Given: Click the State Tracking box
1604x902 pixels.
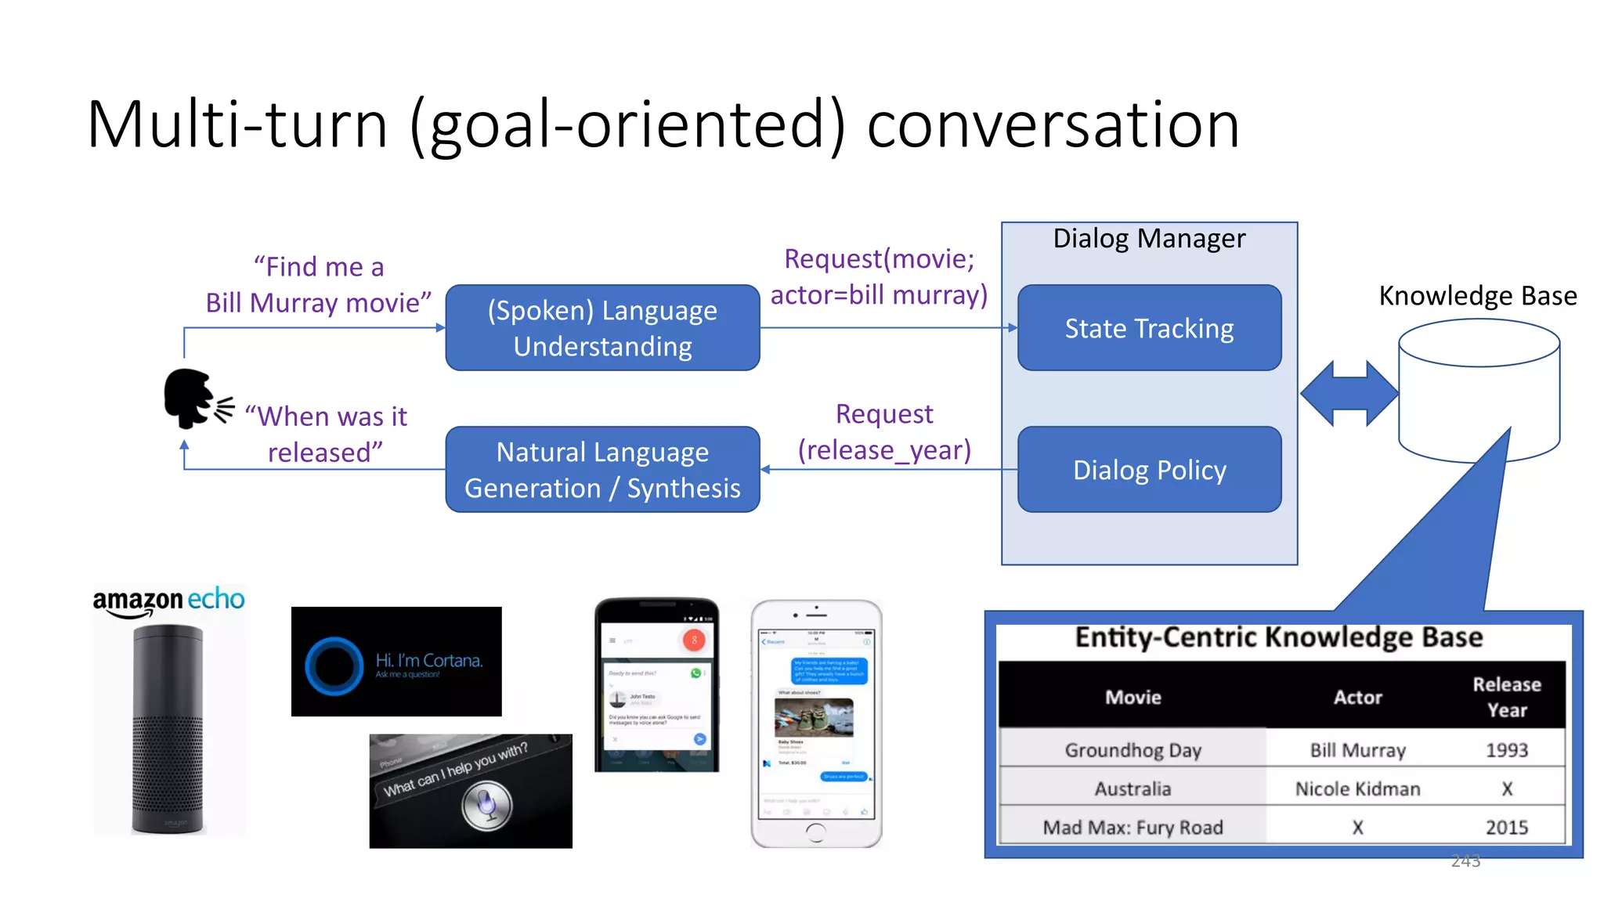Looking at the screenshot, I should point(1149,328).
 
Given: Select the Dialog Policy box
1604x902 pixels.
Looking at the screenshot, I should point(1149,470).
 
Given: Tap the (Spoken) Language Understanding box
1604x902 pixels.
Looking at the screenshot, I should point(602,328).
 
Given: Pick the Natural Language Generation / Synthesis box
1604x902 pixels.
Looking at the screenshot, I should point(602,470).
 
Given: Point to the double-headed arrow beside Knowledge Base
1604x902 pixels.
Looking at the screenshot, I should point(1349,393).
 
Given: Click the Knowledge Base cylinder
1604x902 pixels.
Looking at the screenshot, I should point(1479,391).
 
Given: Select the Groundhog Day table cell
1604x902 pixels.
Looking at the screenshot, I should point(1133,750).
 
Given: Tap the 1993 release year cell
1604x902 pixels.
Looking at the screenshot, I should point(1507,750).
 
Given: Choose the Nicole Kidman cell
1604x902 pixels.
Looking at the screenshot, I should point(1357,789).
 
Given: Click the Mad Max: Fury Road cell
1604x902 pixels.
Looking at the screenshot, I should point(1133,828).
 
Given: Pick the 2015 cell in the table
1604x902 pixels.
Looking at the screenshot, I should point(1507,828).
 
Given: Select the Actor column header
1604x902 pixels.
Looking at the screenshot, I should point(1357,697).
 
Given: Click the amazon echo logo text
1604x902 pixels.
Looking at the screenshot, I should point(168,601).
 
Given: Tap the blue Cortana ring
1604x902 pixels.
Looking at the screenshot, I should point(334,666).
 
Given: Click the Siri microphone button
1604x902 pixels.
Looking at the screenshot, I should point(486,806).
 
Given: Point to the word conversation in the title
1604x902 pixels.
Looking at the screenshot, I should point(1053,124).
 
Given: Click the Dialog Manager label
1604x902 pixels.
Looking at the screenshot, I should point(1149,239).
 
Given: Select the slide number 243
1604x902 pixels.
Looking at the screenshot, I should point(1465,861).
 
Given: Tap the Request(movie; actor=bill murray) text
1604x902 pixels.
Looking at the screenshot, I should point(879,277).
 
